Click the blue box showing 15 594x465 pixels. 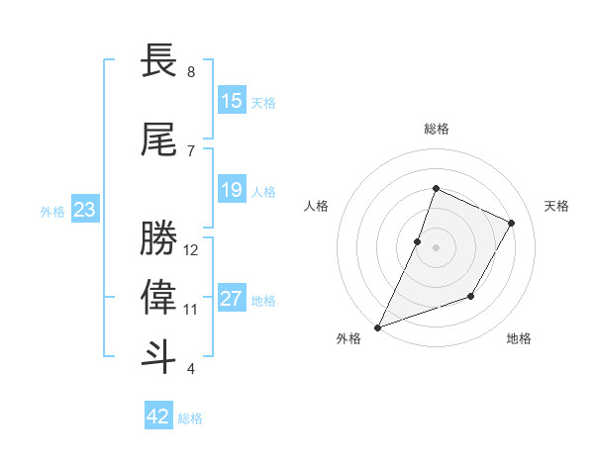[232, 101]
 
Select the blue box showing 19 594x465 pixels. [232, 190]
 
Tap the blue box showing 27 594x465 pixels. [232, 299]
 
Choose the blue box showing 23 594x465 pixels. [84, 210]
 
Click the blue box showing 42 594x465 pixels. [158, 417]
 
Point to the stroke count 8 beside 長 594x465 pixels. [190, 72]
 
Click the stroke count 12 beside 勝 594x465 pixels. [191, 250]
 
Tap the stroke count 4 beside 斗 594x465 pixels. [190, 369]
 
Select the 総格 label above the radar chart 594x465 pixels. [436, 129]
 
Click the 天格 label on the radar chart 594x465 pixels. [556, 206]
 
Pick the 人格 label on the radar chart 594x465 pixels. [316, 206]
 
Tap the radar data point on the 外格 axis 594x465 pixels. [377, 327]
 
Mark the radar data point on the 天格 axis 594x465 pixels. [512, 223]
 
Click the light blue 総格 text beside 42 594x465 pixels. [190, 418]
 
